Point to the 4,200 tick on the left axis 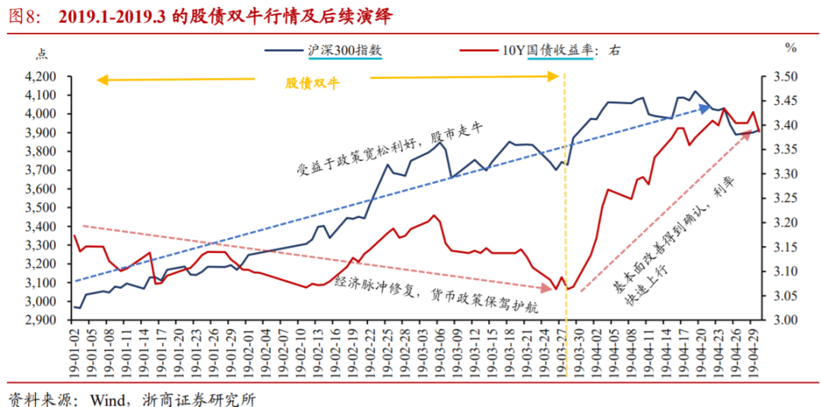point(42,77)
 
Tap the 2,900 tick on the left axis point(42,320)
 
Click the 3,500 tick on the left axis point(42,207)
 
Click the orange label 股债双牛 point(312,84)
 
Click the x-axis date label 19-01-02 point(75,350)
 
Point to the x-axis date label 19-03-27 point(564,350)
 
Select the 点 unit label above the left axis point(41,52)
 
